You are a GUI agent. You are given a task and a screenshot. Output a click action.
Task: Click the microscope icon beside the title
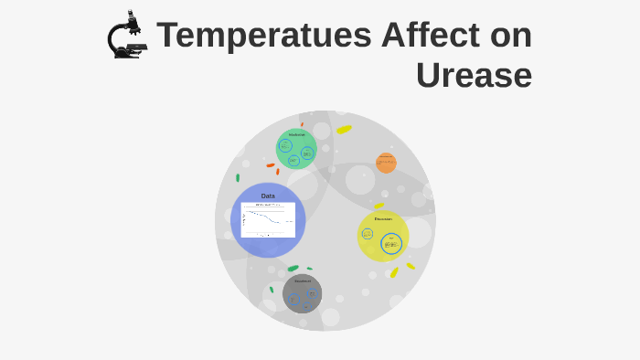126,36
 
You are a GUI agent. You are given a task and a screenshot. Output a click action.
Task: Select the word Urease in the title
474,75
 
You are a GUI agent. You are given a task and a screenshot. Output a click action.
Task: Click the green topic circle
296,148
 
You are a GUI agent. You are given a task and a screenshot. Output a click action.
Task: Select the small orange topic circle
386,163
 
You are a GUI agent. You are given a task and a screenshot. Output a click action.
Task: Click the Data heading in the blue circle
268,196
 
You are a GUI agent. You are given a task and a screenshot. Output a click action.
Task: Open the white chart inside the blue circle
268,220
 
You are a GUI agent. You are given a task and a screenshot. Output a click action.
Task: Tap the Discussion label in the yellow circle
383,219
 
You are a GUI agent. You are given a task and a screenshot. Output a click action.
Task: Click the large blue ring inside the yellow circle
391,244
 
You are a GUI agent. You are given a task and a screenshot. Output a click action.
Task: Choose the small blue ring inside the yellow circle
368,234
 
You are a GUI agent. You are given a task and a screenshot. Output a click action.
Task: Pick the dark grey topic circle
302,293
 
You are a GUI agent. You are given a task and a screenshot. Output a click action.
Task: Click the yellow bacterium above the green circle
344,130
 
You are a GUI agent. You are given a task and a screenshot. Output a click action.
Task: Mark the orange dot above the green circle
302,124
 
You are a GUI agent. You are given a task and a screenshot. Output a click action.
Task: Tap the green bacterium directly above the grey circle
293,268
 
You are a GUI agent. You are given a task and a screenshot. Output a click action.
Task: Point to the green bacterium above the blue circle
238,178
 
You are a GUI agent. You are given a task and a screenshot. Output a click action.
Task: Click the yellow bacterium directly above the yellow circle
379,206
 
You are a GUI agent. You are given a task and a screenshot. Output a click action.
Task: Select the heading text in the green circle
297,135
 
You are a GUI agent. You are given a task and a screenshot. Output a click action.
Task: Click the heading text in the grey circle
303,281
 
